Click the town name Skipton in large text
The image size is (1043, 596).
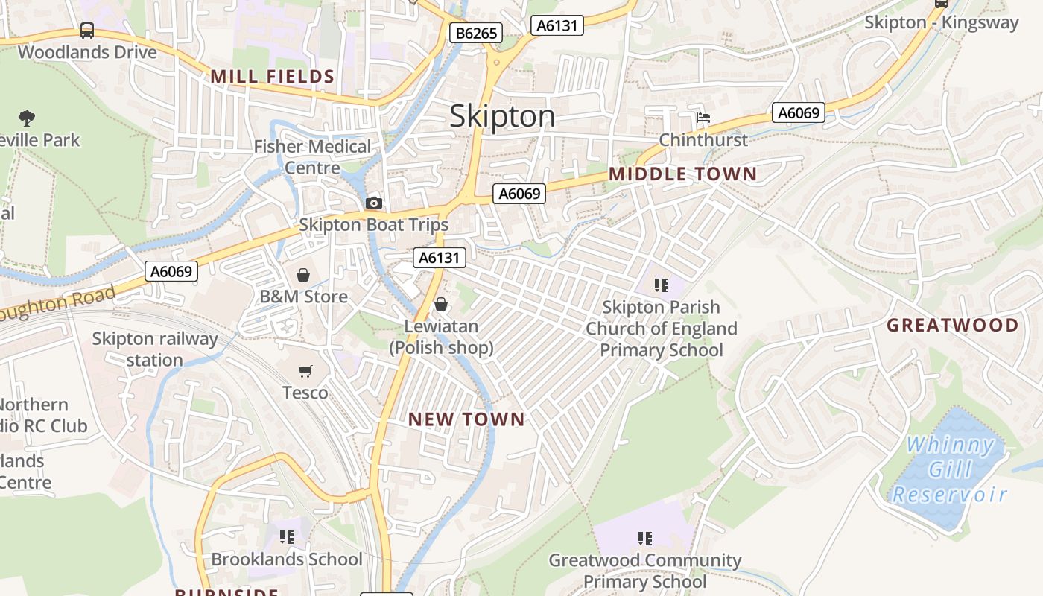pyautogui.click(x=502, y=116)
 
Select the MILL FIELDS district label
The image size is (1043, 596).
pyautogui.click(x=272, y=76)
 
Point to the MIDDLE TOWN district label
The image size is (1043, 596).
pyautogui.click(x=682, y=174)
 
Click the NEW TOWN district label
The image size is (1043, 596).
pyautogui.click(x=466, y=419)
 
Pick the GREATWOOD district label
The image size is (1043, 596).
pyautogui.click(x=952, y=325)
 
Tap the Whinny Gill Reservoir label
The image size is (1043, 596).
pyautogui.click(x=950, y=469)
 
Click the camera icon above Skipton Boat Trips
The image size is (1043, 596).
pyautogui.click(x=374, y=203)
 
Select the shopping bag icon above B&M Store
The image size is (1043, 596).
pyautogui.click(x=302, y=275)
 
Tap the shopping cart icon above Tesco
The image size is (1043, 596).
pyautogui.click(x=305, y=371)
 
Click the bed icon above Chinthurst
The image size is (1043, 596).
pyautogui.click(x=703, y=118)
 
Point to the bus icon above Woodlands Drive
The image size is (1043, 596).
pyautogui.click(x=87, y=31)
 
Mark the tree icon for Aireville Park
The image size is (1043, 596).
pyautogui.click(x=27, y=118)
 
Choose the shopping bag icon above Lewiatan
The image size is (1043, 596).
pyautogui.click(x=441, y=304)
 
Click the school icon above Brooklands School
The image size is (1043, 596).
pyautogui.click(x=287, y=537)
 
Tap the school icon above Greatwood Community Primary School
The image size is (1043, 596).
pyautogui.click(x=645, y=538)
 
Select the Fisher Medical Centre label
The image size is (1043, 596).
pyautogui.click(x=312, y=156)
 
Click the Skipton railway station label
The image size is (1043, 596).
pyautogui.click(x=154, y=349)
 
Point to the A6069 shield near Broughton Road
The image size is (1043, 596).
pyautogui.click(x=171, y=271)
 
